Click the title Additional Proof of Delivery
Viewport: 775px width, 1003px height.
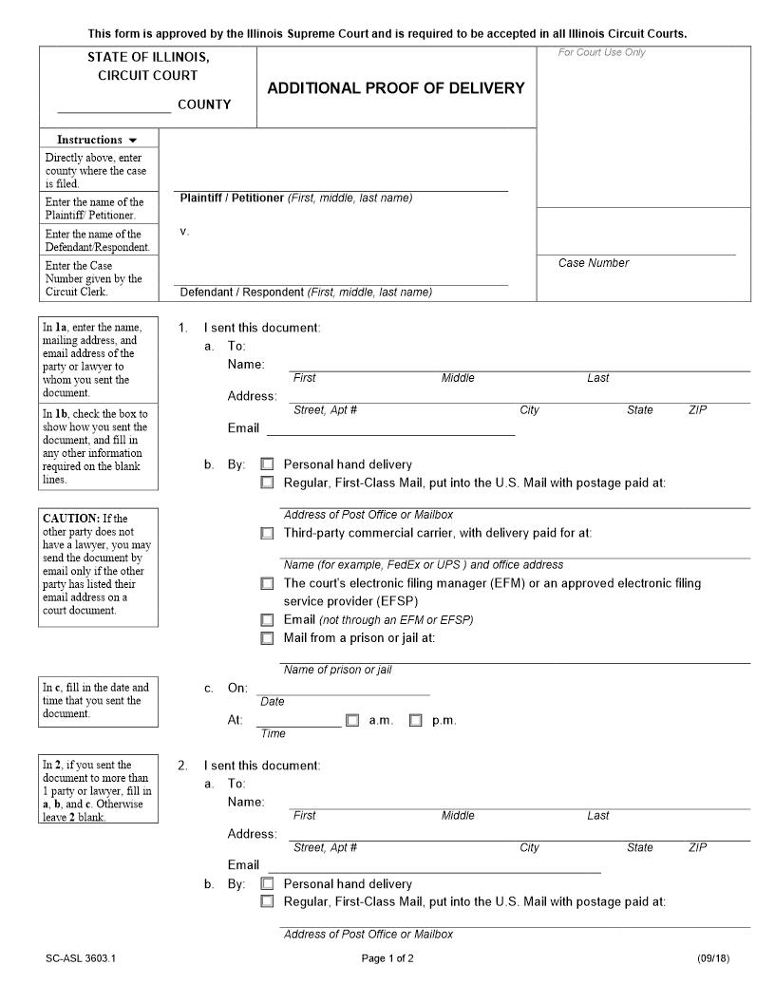pos(395,88)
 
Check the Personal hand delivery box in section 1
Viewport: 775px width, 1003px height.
pos(267,464)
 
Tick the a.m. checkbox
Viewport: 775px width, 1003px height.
pos(352,720)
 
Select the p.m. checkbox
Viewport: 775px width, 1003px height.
pos(416,720)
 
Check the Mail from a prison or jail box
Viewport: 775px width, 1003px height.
pos(267,638)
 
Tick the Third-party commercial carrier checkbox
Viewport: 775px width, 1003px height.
pos(267,533)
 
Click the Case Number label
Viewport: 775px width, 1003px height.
pos(593,263)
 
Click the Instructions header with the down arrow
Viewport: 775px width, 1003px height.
pos(97,140)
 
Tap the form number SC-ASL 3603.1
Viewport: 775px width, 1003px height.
pos(80,958)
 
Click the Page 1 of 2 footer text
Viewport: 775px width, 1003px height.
pos(387,958)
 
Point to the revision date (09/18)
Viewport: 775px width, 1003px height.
pos(712,958)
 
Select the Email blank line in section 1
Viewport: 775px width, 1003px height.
pos(390,429)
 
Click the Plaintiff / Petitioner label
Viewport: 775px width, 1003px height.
pos(232,198)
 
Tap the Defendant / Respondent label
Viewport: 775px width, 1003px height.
pos(242,293)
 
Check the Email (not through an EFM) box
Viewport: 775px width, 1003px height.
pos(267,619)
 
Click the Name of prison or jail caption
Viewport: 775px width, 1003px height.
pos(337,670)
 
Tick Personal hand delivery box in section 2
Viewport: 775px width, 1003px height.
pos(267,884)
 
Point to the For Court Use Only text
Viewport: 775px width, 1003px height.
pos(601,52)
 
